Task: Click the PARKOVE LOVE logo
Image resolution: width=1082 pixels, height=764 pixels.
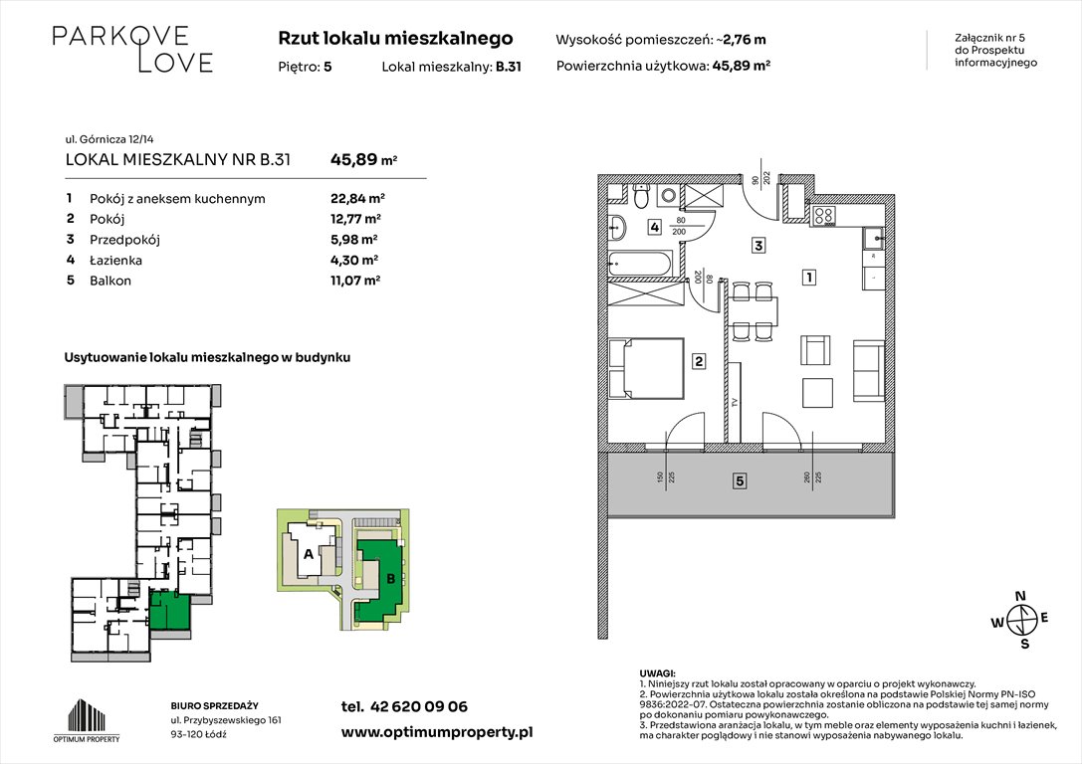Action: click(x=132, y=49)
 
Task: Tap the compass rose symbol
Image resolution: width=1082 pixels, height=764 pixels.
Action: click(x=1019, y=621)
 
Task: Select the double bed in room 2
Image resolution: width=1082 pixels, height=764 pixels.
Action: click(x=644, y=370)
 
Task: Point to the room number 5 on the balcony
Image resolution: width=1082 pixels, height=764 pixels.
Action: click(x=740, y=482)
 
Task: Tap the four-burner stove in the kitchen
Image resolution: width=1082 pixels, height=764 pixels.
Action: click(x=825, y=213)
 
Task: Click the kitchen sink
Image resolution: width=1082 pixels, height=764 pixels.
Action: click(x=872, y=237)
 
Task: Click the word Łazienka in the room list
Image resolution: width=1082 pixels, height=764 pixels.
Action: click(x=114, y=260)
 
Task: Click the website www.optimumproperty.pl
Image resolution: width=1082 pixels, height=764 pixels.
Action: click(x=436, y=731)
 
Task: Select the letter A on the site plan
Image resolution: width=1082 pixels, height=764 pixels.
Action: click(x=309, y=554)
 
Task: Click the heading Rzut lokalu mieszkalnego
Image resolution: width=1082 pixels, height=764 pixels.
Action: click(x=395, y=39)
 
